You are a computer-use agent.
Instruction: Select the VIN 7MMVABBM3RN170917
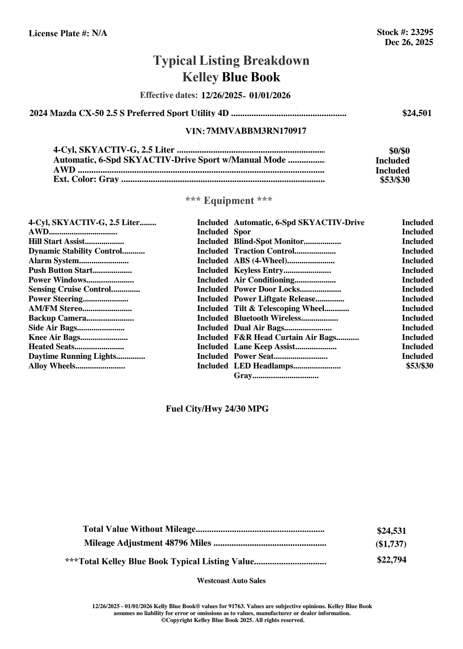[x=256, y=131]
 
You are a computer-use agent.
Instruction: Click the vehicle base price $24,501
[x=417, y=113]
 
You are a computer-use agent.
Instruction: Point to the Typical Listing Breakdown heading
[x=231, y=61]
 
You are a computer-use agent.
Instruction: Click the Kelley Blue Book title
[x=231, y=77]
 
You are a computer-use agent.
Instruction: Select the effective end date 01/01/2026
[x=270, y=95]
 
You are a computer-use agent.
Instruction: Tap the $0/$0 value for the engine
[x=399, y=151]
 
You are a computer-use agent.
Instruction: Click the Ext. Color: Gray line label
[x=86, y=179]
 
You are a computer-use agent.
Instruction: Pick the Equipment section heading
[x=229, y=200]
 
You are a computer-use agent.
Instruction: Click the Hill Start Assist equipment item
[x=57, y=242]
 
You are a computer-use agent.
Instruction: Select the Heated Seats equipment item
[x=52, y=347]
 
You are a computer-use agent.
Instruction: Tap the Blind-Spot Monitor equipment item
[x=269, y=242]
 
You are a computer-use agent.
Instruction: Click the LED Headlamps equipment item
[x=264, y=366]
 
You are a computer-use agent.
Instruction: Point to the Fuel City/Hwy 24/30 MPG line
[x=217, y=409]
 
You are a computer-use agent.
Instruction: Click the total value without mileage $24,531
[x=391, y=531]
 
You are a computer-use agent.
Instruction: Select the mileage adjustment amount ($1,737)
[x=391, y=544]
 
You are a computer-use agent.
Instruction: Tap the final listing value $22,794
[x=391, y=560]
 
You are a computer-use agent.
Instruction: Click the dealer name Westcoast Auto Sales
[x=231, y=581]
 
